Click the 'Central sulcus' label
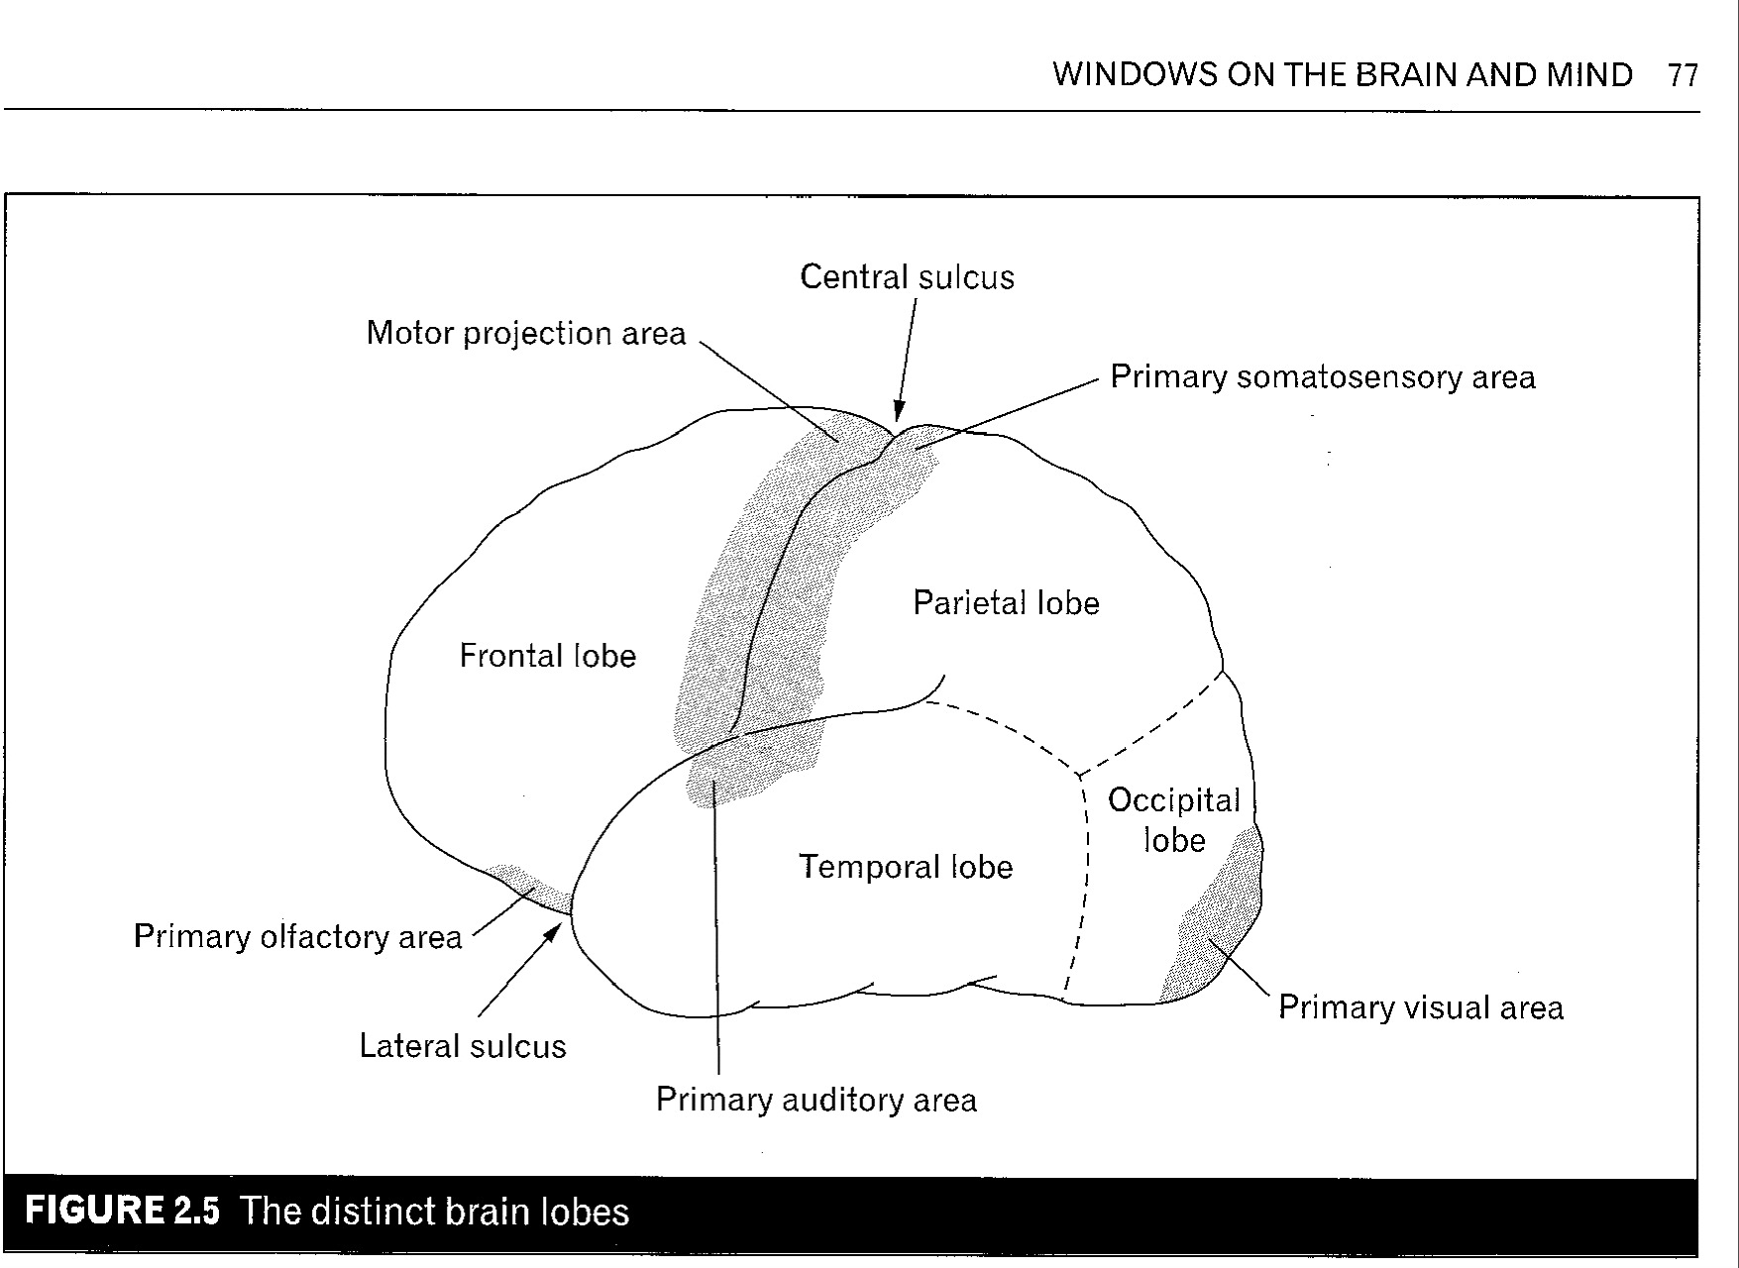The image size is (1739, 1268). point(907,277)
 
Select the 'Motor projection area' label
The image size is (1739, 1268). point(525,334)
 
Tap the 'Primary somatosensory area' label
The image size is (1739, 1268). point(1322,377)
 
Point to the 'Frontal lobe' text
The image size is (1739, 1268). point(547,656)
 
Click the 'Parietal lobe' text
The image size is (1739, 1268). point(1006,603)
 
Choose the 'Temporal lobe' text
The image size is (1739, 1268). point(906,868)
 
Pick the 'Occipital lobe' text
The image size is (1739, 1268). point(1174,820)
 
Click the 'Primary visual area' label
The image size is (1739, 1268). point(1420,1007)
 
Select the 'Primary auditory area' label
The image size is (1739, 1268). point(815,1100)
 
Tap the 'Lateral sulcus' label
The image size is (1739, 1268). point(462,1046)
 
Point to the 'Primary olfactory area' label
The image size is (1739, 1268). point(297,937)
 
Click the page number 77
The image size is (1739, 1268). point(1683,75)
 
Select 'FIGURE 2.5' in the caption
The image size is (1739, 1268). point(122,1212)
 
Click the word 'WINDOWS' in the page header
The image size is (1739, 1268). point(1134,75)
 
